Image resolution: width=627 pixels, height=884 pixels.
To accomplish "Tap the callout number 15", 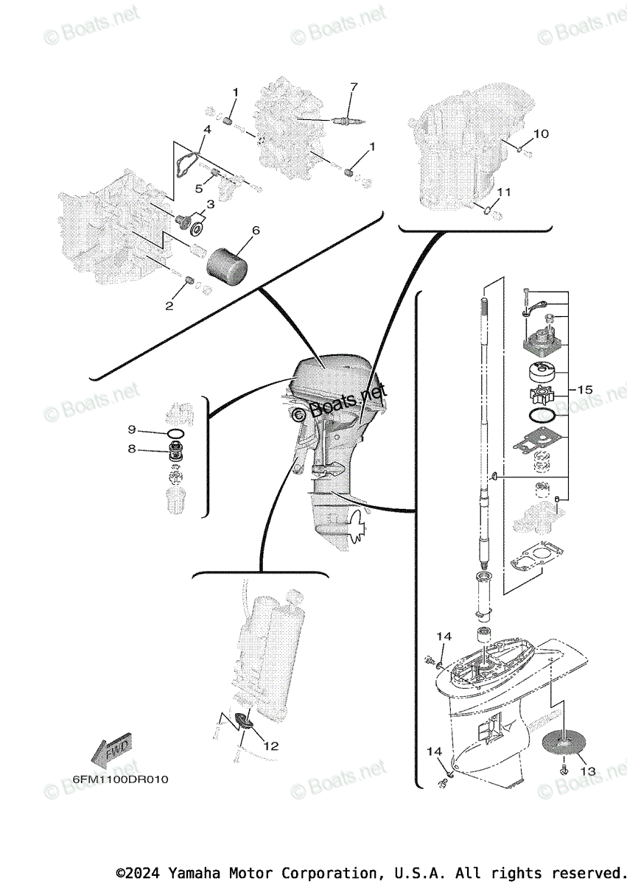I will point(585,390).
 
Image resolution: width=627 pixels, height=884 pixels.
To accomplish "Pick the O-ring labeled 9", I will point(176,432).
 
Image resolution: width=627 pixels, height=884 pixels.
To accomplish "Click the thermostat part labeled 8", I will point(176,452).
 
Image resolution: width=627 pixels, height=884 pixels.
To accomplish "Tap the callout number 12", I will point(271,746).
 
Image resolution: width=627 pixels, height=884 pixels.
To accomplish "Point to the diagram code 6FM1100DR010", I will point(120,779).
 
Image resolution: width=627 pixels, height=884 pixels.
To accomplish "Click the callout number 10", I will point(541,134).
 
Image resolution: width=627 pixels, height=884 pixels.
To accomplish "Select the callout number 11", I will point(503,192).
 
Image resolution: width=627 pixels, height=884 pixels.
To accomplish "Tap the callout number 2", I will point(169,306).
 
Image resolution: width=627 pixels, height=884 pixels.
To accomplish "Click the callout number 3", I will point(210,203).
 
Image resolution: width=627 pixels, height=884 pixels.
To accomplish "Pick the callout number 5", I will point(198,188).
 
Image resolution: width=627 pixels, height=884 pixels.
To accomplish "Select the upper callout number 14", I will point(443,636).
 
